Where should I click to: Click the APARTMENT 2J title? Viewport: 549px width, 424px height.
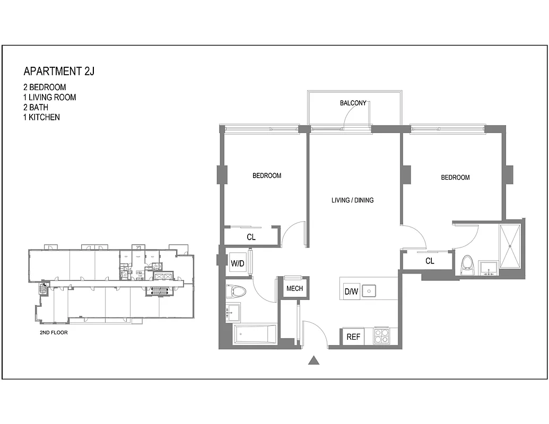tap(59, 72)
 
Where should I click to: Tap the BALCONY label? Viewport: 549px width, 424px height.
tap(353, 103)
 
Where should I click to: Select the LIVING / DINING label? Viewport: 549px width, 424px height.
tap(352, 200)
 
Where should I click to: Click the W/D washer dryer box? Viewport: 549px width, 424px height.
tap(237, 262)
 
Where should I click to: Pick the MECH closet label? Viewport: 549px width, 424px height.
tap(294, 289)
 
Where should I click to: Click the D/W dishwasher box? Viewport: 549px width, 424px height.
tap(351, 291)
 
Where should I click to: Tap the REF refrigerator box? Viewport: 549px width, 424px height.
tap(353, 337)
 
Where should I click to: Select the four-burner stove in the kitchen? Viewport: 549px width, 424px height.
tap(382, 337)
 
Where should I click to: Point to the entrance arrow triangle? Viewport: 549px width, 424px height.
tap(314, 361)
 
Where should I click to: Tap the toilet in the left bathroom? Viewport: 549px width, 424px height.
tap(234, 291)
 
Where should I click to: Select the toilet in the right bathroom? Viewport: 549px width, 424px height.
tap(467, 263)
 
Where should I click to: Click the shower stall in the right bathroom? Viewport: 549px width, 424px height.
tap(510, 245)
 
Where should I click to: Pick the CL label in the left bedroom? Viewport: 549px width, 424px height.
tap(251, 237)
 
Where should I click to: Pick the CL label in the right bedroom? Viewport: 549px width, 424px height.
tap(430, 261)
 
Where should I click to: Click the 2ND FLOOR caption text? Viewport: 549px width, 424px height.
tap(54, 333)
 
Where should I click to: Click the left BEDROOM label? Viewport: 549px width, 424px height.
tap(266, 175)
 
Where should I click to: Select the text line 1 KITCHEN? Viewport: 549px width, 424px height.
tap(41, 117)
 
